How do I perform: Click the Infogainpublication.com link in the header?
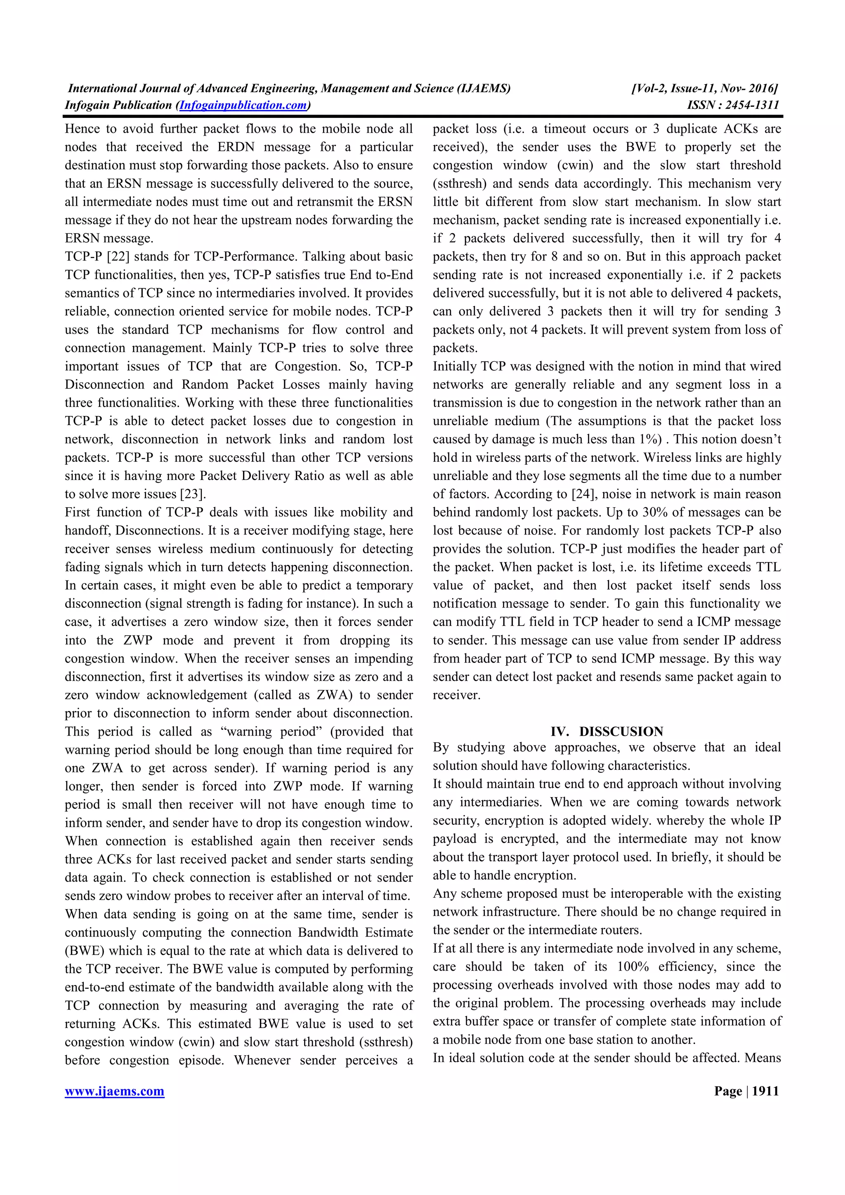coord(243,105)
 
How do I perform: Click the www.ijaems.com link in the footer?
coord(115,1091)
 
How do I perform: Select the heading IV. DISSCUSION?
coord(607,731)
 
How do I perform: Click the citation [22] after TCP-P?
coord(121,256)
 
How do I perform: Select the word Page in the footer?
coord(728,1091)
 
